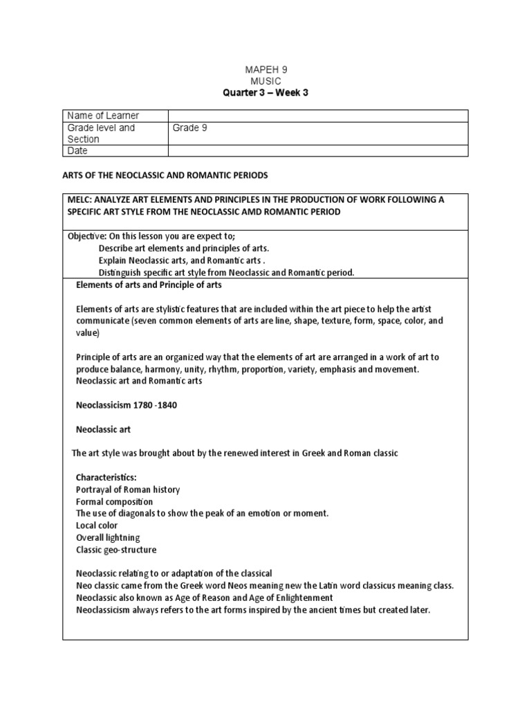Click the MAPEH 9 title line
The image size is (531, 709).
[x=265, y=70]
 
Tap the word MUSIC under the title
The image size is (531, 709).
[x=265, y=81]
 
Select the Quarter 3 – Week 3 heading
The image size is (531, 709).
[x=265, y=93]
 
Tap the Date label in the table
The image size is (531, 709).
[x=78, y=150]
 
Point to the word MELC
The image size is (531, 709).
[x=80, y=200]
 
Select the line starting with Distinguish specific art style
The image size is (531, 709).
[x=226, y=272]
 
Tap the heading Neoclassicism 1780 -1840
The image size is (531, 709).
[x=126, y=405]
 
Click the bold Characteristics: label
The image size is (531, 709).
[x=106, y=478]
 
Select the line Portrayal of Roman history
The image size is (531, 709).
[x=128, y=490]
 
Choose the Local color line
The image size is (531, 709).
[x=97, y=526]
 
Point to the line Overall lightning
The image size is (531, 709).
[x=108, y=537]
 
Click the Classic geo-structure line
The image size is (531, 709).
[x=116, y=550]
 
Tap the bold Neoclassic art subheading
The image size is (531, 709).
[x=103, y=429]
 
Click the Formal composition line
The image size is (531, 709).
[x=115, y=501]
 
